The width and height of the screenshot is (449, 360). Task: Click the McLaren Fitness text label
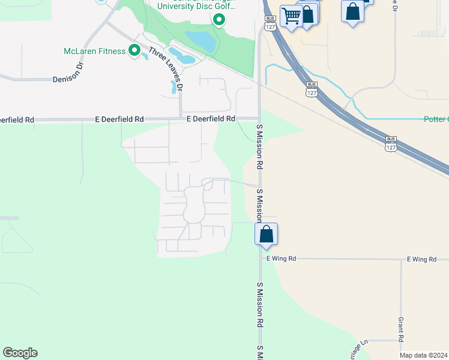point(94,51)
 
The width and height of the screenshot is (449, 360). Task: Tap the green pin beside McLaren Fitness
point(134,50)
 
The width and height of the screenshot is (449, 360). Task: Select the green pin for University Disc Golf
point(219,20)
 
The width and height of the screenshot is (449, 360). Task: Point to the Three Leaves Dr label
point(166,69)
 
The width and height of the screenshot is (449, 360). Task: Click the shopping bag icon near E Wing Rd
point(266,234)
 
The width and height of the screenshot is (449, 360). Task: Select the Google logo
point(20,353)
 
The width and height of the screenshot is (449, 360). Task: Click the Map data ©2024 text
point(424,355)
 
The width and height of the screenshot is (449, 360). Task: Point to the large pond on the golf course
point(200,41)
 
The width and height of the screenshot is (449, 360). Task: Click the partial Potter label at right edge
point(436,119)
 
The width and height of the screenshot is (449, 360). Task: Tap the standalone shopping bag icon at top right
point(352,11)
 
